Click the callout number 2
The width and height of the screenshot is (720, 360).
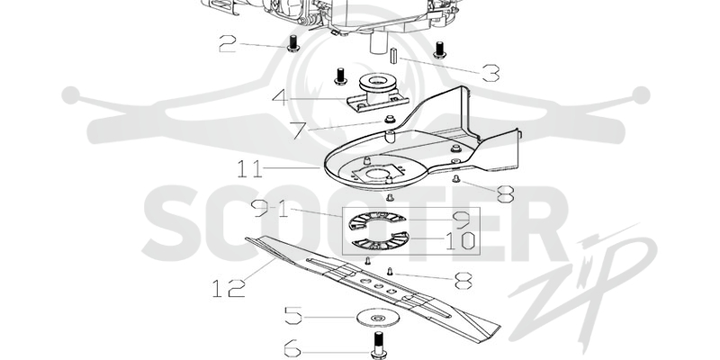pos(228,43)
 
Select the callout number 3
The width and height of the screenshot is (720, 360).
pos(490,73)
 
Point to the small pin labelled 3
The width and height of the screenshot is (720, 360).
pos(393,57)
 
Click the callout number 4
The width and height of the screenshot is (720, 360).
pos(280,97)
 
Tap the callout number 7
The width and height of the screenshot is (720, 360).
pos(298,130)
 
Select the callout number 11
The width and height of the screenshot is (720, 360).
pos(250,168)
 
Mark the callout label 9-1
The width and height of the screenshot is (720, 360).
pos(270,209)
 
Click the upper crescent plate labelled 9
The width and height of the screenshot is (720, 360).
pos(378,220)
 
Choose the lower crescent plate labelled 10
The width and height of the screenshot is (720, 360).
pos(380,241)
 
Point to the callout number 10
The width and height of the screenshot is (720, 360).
pos(460,240)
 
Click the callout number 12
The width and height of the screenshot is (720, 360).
pos(229,288)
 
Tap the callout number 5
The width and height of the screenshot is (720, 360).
pos(293,316)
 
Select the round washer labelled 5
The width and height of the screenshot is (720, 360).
pos(378,318)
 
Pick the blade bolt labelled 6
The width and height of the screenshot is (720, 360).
pos(378,345)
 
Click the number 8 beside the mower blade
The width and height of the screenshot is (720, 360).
pos(463,281)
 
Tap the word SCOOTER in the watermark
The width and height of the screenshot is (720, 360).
pos(355,223)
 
